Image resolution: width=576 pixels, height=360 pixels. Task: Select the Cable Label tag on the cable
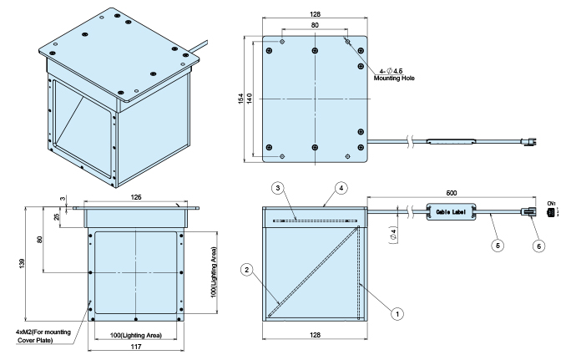pyautogui.click(x=451, y=212)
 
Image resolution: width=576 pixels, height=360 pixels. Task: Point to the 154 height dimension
pyautogui.click(x=241, y=99)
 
